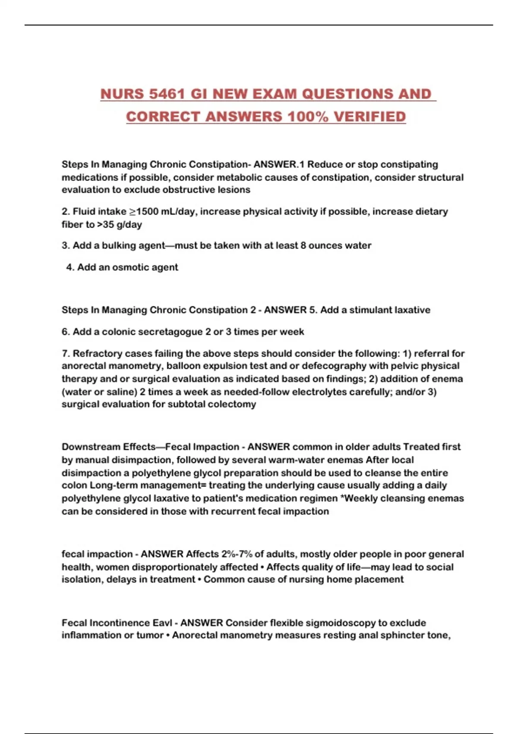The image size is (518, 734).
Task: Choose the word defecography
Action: coord(329,366)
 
